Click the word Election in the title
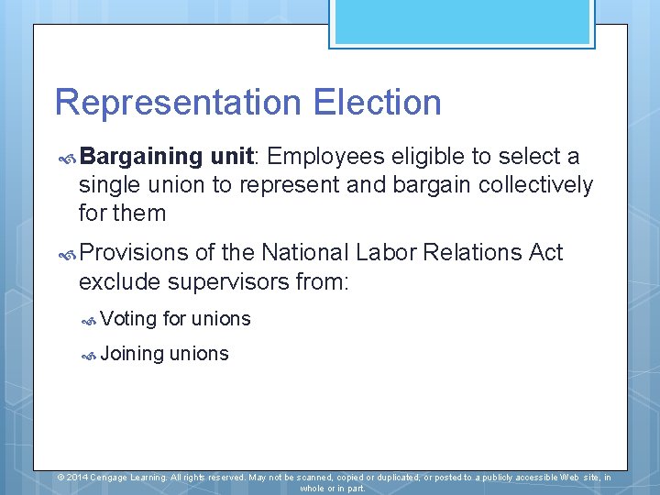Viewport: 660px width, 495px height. tap(377, 103)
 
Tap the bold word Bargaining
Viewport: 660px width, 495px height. tap(146, 157)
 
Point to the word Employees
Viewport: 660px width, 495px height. tap(326, 157)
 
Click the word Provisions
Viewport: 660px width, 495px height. tap(133, 252)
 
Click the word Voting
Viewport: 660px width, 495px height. tap(128, 319)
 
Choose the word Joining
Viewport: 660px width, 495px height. tap(132, 354)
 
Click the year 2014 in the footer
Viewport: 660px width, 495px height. tap(77, 478)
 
